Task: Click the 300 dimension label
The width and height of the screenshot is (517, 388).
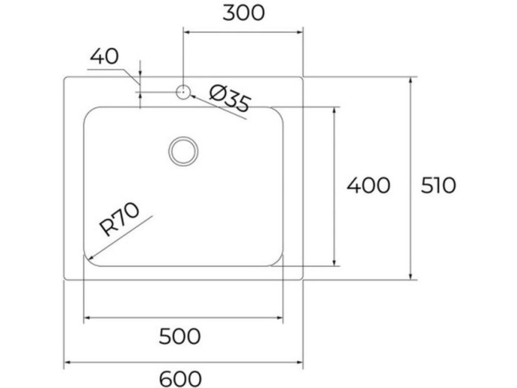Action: coord(243,13)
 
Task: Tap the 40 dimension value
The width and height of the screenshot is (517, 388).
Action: coord(104,56)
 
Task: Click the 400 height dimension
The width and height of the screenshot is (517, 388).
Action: coord(368,185)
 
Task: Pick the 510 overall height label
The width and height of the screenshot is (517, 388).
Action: coord(439,185)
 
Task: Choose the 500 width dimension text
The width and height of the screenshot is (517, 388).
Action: coord(180,336)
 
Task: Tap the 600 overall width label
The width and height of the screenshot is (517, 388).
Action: coord(180,379)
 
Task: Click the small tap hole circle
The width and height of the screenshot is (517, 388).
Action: coord(183,92)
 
